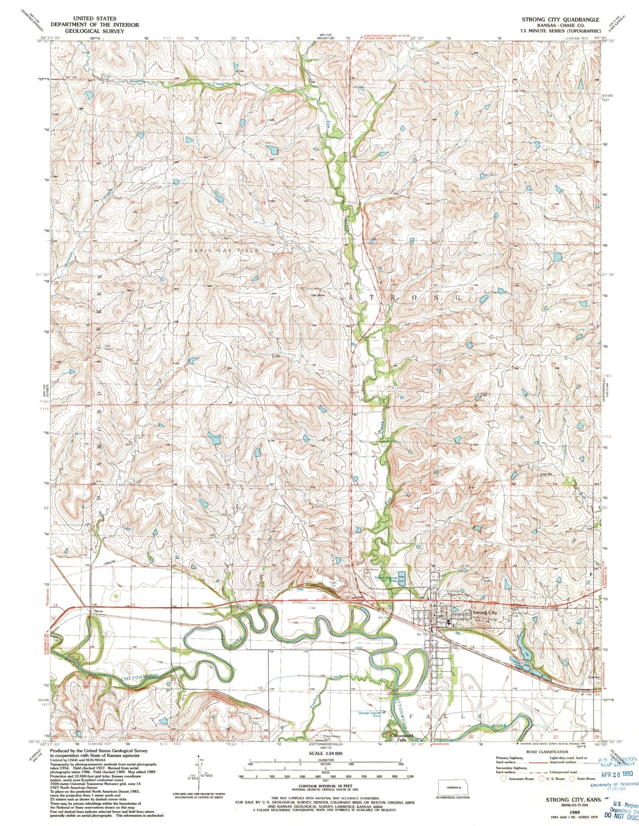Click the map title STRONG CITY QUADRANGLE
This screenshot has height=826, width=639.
[560, 19]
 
